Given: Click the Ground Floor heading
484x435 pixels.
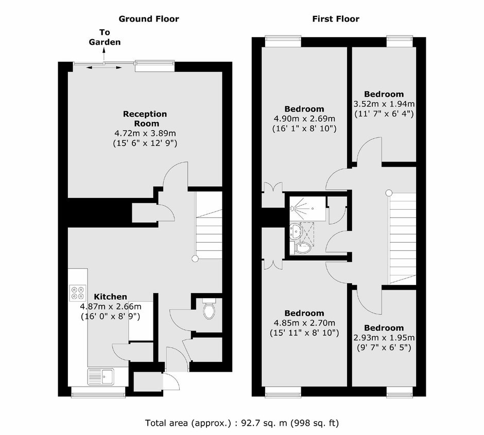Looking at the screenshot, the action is pyautogui.click(x=149, y=19).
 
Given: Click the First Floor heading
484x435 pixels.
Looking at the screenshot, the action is pyautogui.click(x=336, y=19).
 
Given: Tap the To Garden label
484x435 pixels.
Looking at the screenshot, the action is pyautogui.click(x=105, y=37).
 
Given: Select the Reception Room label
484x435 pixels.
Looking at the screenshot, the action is pyautogui.click(x=145, y=119).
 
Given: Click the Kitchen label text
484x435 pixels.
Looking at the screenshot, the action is pyautogui.click(x=111, y=297).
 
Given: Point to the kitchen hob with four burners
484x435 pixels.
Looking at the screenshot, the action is pyautogui.click(x=77, y=293).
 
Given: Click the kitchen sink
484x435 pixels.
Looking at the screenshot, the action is pyautogui.click(x=101, y=376).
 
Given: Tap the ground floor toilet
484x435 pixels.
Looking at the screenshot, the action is pyautogui.click(x=209, y=309).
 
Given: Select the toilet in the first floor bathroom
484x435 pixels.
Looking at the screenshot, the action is pyautogui.click(x=302, y=248).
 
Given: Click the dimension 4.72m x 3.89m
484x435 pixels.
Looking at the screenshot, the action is pyautogui.click(x=145, y=134).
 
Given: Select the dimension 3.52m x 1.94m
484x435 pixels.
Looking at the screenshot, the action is pyautogui.click(x=384, y=104).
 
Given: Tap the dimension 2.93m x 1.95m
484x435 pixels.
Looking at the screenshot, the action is pyautogui.click(x=384, y=338).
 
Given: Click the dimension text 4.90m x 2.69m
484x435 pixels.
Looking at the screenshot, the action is pyautogui.click(x=304, y=119).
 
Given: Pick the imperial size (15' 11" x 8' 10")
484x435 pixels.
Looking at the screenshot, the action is pyautogui.click(x=304, y=333).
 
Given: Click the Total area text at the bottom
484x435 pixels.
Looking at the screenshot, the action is pyautogui.click(x=242, y=423).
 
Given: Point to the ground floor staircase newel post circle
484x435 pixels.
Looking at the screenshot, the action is pyautogui.click(x=195, y=259).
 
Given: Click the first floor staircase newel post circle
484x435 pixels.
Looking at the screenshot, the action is pyautogui.click(x=389, y=193).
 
